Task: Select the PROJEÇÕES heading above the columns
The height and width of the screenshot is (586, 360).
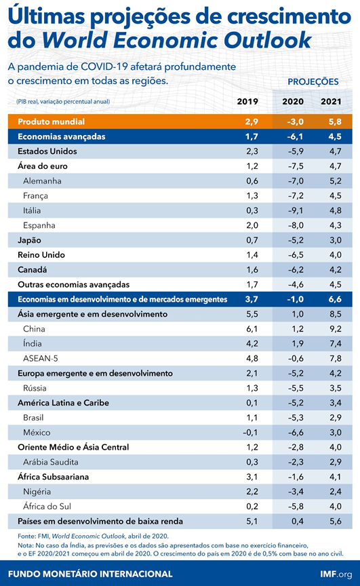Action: [313, 81]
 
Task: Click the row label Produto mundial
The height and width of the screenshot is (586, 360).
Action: [51, 121]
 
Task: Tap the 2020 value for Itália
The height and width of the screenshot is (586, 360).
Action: [294, 210]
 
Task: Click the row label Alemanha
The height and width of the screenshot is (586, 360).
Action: [42, 181]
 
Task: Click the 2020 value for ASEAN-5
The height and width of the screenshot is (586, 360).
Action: [294, 358]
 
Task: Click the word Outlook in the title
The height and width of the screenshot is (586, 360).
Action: [268, 41]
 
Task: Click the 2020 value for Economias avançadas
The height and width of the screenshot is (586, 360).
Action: [294, 136]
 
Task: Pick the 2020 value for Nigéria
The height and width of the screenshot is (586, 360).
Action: [294, 491]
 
